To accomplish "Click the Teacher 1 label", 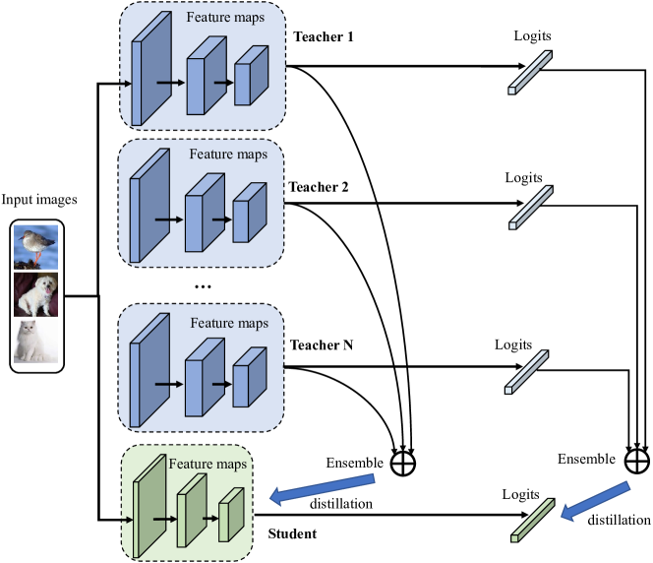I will [x=324, y=38].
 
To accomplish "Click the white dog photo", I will [x=37, y=293].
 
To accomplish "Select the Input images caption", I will [x=38, y=201].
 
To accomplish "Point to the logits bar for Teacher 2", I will [x=529, y=208].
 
